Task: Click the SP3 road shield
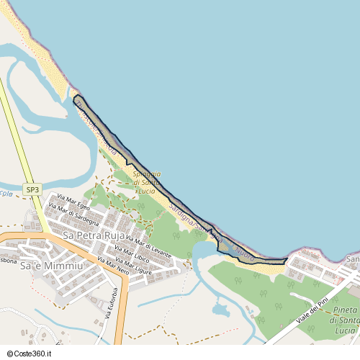coord(32,189)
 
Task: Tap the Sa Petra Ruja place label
coord(93,235)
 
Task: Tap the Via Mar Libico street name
coord(131,256)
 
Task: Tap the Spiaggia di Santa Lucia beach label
coord(147,182)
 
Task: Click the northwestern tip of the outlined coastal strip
coord(76,96)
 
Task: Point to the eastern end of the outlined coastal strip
coord(287,258)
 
